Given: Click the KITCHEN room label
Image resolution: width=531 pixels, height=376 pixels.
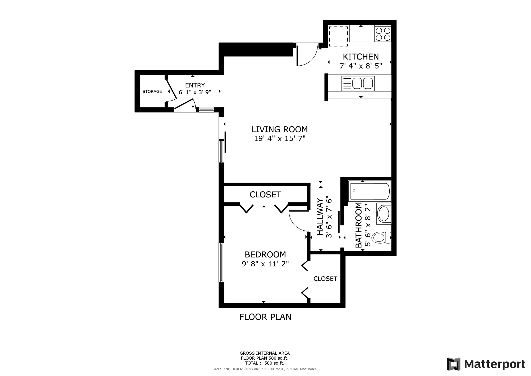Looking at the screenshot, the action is tap(361, 57).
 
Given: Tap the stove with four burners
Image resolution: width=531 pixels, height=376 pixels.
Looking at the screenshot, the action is tap(383, 34).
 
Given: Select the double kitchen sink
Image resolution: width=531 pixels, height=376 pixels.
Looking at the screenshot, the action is tap(358, 83).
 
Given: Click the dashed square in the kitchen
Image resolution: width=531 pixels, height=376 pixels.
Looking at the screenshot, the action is tap(338, 36).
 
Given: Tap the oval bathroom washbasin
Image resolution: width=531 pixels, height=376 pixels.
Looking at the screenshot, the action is tap(384, 214).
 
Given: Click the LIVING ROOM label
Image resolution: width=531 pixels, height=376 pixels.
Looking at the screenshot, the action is tap(280, 129).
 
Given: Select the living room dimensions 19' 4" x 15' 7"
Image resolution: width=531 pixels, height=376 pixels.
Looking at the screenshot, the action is tap(280, 138).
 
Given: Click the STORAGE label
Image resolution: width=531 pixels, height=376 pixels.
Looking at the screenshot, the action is tap(152, 91).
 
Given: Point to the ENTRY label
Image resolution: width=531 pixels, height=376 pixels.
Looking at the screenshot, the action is tap(195, 85).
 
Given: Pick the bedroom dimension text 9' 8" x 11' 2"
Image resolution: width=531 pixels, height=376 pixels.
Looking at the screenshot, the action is tap(265, 264).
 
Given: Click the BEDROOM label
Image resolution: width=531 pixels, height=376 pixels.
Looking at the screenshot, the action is tap(265, 254).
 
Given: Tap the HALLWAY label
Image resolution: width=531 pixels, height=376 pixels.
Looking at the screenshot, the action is tap(320, 217).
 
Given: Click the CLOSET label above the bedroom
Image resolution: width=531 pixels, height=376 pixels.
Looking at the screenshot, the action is tap(265, 195).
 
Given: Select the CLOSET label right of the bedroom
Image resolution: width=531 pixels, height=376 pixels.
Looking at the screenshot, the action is tap(325, 279).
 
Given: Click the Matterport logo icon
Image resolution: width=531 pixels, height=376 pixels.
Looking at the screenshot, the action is tap(454, 364).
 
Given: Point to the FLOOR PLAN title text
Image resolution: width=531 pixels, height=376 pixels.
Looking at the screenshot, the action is tap(265, 317).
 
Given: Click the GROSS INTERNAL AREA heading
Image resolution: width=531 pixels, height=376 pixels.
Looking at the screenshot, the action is tap(265, 353).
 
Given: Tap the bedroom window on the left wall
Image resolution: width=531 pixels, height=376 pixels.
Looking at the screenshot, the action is tap(221, 262).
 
